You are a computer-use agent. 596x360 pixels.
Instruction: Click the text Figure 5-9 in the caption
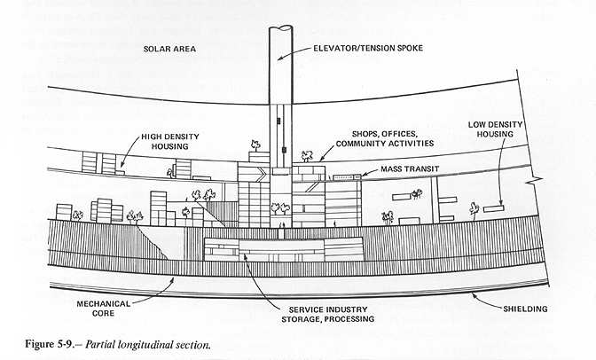(49, 341)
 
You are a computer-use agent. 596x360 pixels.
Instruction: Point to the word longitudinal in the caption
(157, 341)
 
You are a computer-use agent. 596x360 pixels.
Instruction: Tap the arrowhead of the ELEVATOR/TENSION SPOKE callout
(280, 58)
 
